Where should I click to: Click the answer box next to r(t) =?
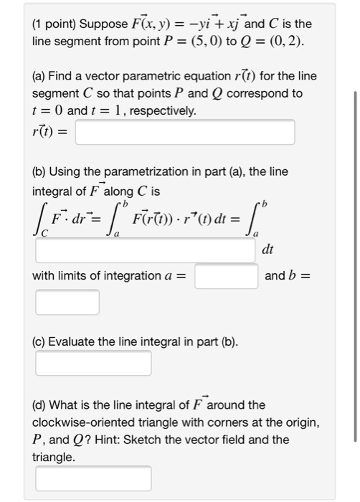point(185,132)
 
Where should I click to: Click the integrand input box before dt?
point(146,251)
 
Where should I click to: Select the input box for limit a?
point(226,276)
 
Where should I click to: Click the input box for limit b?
point(67,302)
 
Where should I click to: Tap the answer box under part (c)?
point(93,363)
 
